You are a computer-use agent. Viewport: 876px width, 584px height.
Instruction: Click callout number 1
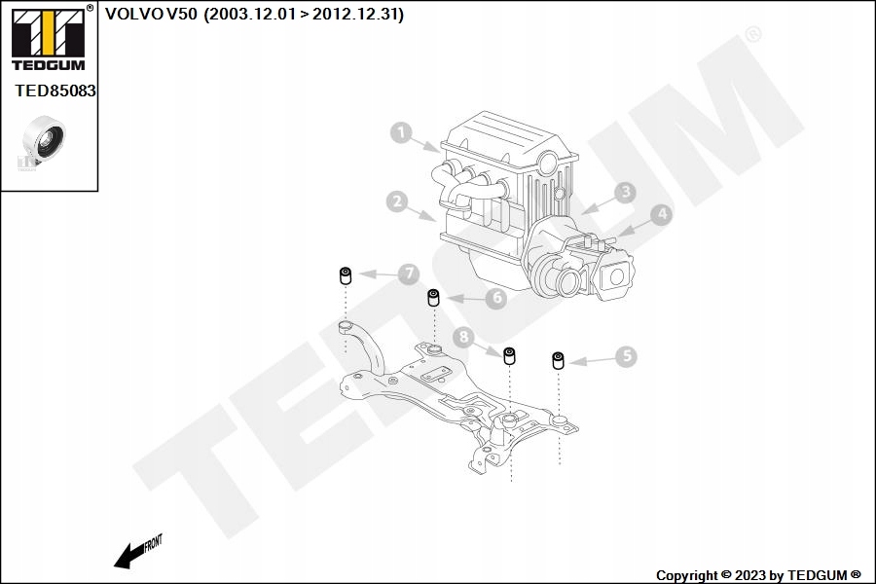[x=402, y=133]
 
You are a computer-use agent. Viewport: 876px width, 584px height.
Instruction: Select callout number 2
[x=395, y=201]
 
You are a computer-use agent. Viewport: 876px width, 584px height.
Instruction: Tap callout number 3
[x=624, y=193]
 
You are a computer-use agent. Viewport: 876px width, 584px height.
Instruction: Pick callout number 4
[x=661, y=214]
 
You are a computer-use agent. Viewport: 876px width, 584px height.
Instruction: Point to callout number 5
[x=625, y=357]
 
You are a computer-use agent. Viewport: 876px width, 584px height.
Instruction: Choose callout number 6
[x=495, y=299]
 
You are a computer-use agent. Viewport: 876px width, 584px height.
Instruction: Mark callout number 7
[x=408, y=274]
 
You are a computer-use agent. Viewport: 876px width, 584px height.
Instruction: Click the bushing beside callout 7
[x=345, y=275]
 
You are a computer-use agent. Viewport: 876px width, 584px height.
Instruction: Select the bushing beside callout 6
[x=434, y=296]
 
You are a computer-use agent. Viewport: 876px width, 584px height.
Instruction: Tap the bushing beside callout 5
[x=559, y=361]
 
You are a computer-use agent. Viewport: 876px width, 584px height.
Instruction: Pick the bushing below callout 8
[x=509, y=355]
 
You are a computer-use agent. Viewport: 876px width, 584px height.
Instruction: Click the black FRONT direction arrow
[x=127, y=557]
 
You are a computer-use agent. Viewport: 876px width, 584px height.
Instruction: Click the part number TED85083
[x=55, y=90]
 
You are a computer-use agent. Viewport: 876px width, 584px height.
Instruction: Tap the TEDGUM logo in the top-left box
[x=47, y=39]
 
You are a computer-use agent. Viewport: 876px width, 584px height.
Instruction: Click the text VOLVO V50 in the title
[x=150, y=15]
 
